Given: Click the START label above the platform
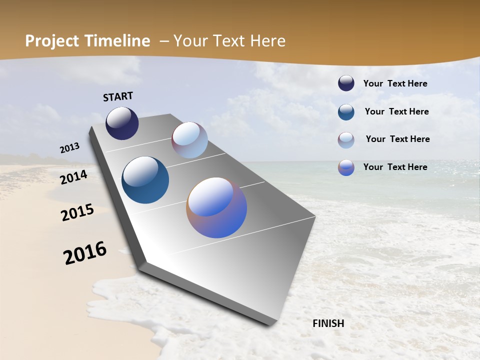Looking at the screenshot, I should click(118, 96).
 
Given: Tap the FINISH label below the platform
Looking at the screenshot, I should click(328, 323).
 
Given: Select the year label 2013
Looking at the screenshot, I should click(69, 147).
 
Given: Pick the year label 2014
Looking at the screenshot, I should click(73, 177).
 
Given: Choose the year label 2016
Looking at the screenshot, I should click(85, 253).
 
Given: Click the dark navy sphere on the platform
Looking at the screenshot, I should click(122, 123).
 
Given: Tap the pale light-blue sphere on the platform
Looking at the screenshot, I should click(189, 140).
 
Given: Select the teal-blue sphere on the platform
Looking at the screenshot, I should click(145, 180).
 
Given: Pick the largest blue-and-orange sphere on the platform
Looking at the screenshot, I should click(216, 207).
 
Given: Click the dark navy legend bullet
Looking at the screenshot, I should click(346, 83).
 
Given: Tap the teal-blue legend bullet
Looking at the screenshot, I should click(346, 112).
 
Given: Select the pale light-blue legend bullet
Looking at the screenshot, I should click(346, 140).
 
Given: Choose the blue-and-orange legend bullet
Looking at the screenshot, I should click(346, 167).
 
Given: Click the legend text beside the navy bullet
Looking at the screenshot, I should click(395, 84).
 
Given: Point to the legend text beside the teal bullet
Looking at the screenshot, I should click(396, 111).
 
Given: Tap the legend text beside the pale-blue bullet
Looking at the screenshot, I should click(397, 139).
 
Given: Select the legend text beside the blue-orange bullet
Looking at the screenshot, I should click(395, 167).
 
